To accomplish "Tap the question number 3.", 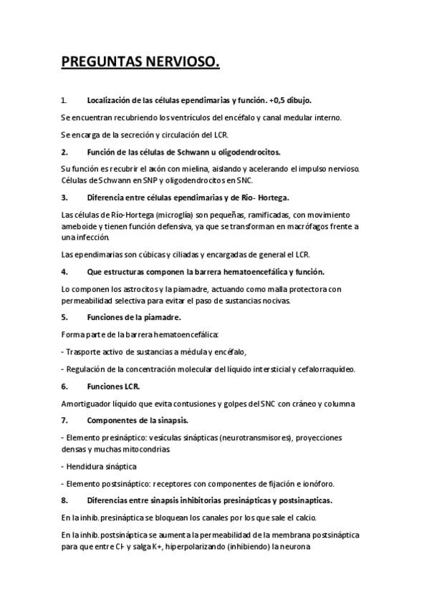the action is pyautogui.click(x=64, y=196).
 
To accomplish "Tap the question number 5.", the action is pyautogui.click(x=64, y=316).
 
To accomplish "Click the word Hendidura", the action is pyautogui.click(x=85, y=466).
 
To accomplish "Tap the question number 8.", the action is pyautogui.click(x=64, y=500).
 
